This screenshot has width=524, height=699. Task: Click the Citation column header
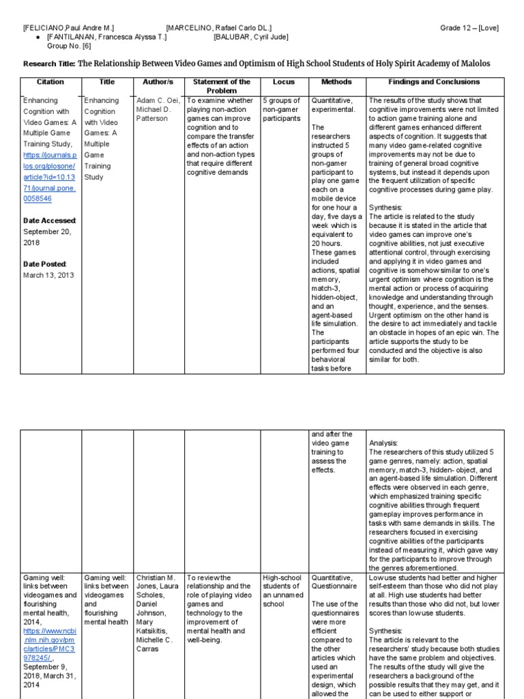pyautogui.click(x=50, y=82)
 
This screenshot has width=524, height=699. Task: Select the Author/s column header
pyautogui.click(x=158, y=82)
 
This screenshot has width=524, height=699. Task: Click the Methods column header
pyautogui.click(x=336, y=82)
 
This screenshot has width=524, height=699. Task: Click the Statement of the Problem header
pyautogui.click(x=222, y=86)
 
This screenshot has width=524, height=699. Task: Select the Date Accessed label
pyautogui.click(x=50, y=220)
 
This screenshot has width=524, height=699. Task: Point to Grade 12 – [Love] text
pyautogui.click(x=469, y=28)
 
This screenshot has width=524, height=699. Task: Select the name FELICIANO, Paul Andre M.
pyautogui.click(x=68, y=28)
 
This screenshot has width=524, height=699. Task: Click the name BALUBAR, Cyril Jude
pyautogui.click(x=250, y=37)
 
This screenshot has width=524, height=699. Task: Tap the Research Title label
pyautogui.click(x=49, y=64)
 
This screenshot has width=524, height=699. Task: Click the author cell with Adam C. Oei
pyautogui.click(x=158, y=109)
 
